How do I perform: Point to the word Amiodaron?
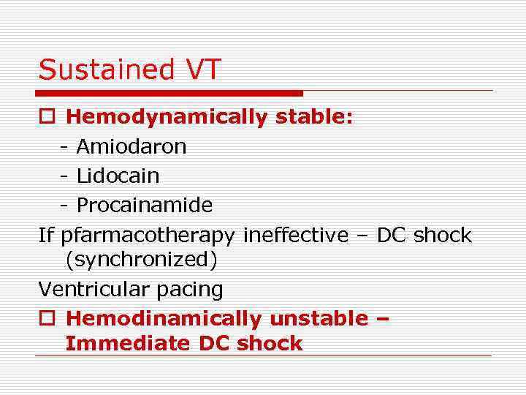click(131, 147)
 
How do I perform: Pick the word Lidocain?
click(118, 176)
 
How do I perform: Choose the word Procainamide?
click(144, 206)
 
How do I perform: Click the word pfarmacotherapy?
click(148, 236)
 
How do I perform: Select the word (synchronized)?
click(141, 260)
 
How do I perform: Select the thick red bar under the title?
click(170, 93)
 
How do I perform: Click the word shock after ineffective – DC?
click(442, 235)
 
